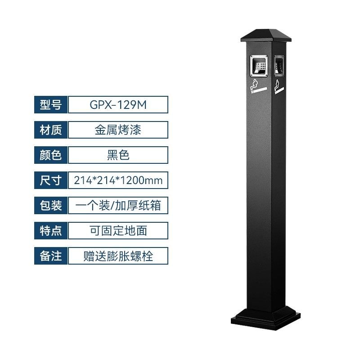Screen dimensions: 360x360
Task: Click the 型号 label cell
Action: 51,105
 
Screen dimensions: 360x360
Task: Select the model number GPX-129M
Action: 118,105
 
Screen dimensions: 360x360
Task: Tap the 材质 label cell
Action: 51,130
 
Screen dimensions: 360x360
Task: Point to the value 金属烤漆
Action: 118,130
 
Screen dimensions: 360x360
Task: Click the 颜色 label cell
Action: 51,155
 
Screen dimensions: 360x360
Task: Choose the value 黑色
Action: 118,155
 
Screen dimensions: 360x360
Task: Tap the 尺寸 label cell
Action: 51,180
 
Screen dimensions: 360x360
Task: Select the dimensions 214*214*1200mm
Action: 118,180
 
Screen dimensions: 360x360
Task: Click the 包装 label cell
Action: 51,206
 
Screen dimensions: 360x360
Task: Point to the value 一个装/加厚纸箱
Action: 118,206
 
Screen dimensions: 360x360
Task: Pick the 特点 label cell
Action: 51,231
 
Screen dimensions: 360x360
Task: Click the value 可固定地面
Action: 118,231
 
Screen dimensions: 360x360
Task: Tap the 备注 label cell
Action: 51,256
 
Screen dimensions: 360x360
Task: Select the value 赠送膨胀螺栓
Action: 118,256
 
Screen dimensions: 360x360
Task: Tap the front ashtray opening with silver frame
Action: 259,66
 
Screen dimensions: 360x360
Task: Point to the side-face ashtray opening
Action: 279,66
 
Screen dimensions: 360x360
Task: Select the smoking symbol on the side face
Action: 279,87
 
